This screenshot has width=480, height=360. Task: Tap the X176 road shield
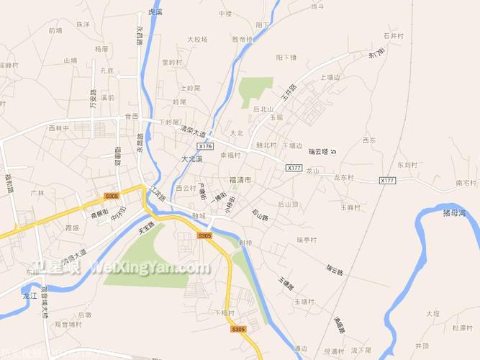(207, 146)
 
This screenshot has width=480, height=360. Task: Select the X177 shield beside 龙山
(293, 168)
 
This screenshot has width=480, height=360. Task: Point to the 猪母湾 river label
(455, 213)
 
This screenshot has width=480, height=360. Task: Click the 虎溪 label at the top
(155, 12)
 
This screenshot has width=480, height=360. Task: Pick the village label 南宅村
(466, 184)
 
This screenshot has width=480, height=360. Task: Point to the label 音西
(131, 116)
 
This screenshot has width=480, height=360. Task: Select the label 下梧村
(225, 312)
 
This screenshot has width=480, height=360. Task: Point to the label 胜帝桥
(242, 40)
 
